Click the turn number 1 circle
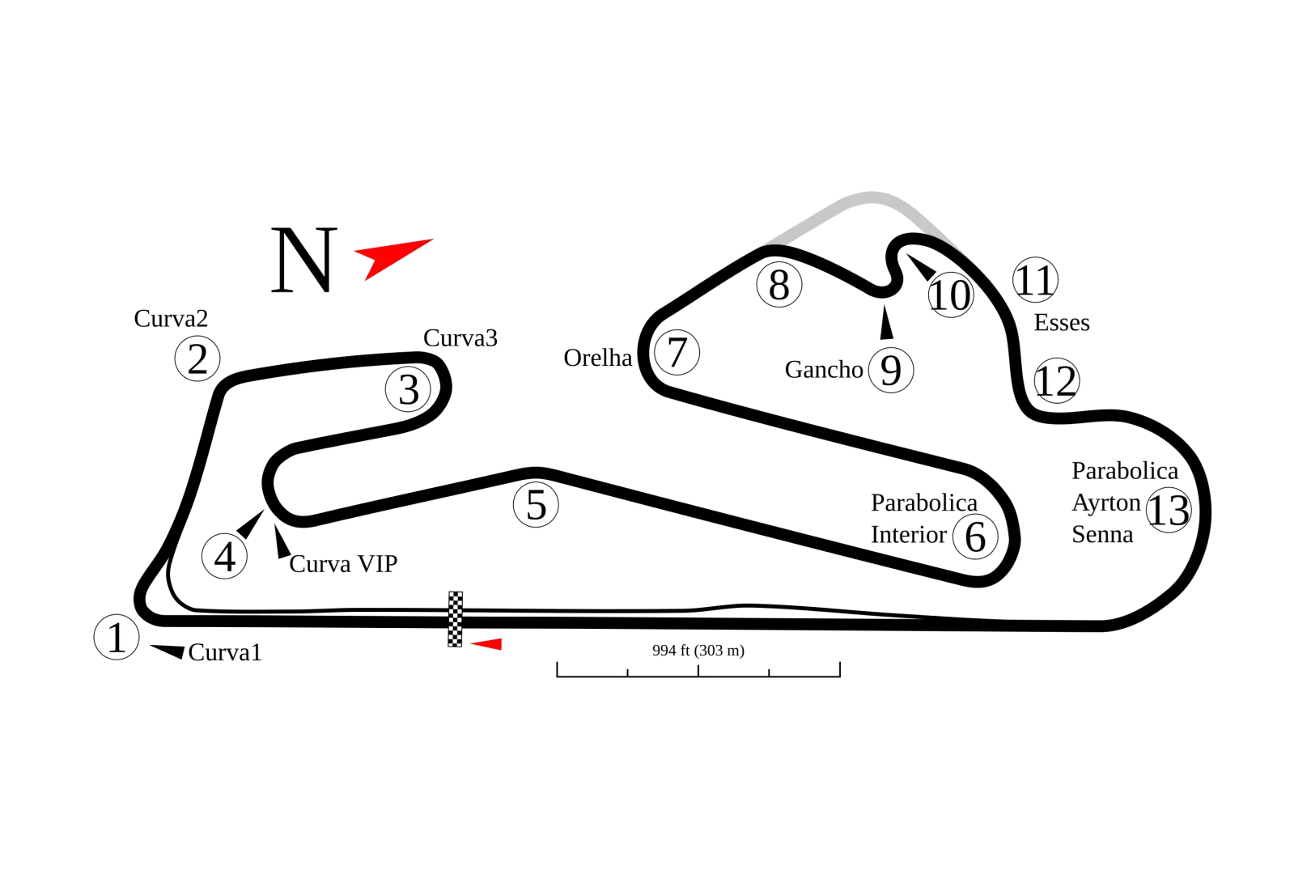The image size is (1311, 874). pos(117,638)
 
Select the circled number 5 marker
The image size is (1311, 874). pos(536,505)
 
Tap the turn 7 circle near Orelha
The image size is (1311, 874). pos(677,353)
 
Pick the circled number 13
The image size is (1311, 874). pos(1169,511)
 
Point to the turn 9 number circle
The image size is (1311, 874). pos(890,371)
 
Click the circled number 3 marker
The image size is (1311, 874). pos(409,390)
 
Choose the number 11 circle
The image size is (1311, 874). pos(1035,280)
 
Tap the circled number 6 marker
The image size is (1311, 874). pos(976,536)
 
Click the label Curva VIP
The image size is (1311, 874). pos(343,564)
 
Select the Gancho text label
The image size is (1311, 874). pos(824,370)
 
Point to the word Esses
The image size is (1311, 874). pos(1062,323)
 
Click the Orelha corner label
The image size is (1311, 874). pos(598,358)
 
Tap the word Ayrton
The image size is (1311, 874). pos(1105,503)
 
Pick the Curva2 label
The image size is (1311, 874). pos(172,319)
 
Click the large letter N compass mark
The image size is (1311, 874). pos(303,260)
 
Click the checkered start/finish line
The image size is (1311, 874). pos(456,618)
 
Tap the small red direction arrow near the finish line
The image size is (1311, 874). pos(489,643)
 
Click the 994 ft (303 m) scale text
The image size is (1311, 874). pos(698,651)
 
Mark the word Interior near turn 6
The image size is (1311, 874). pos(908,535)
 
